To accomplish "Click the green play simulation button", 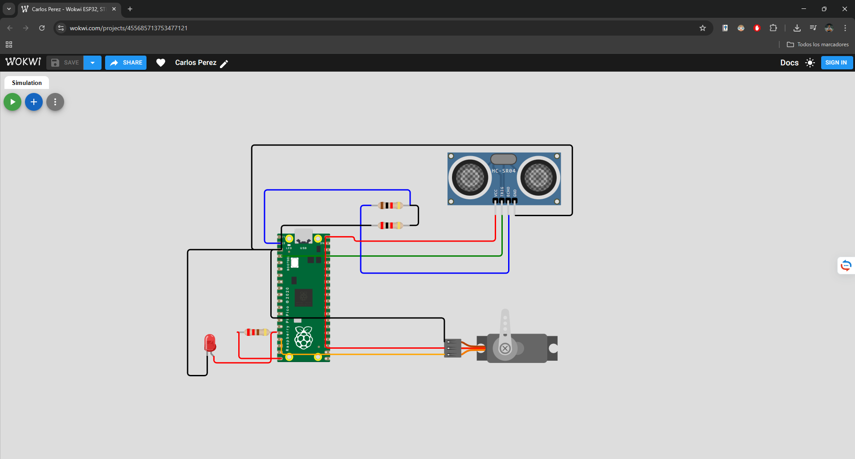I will coord(12,102).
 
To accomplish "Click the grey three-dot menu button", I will coord(55,102).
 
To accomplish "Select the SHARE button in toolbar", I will coord(126,63).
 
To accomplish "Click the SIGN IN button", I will coord(836,63).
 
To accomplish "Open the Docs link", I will coord(789,63).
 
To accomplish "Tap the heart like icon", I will coord(161,63).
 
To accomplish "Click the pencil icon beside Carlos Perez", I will coord(224,64).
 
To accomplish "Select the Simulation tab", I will coord(27,83).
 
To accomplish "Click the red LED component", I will coord(210,343).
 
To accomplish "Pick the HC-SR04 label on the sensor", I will coord(503,171).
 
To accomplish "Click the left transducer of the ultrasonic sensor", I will coord(470,177).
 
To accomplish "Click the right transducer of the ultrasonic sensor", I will coord(538,177).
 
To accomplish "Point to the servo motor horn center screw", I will coord(505,348).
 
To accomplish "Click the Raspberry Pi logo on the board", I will coord(304,338).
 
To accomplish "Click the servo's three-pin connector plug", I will coord(452,348).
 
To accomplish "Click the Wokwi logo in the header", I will coord(23,62).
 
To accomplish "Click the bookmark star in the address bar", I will coord(703,28).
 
